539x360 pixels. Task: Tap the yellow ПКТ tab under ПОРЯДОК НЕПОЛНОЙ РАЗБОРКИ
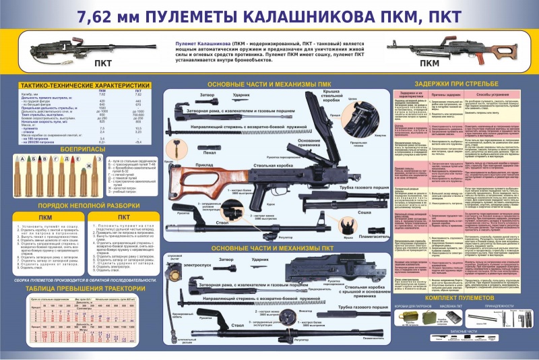pos(123,216)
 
